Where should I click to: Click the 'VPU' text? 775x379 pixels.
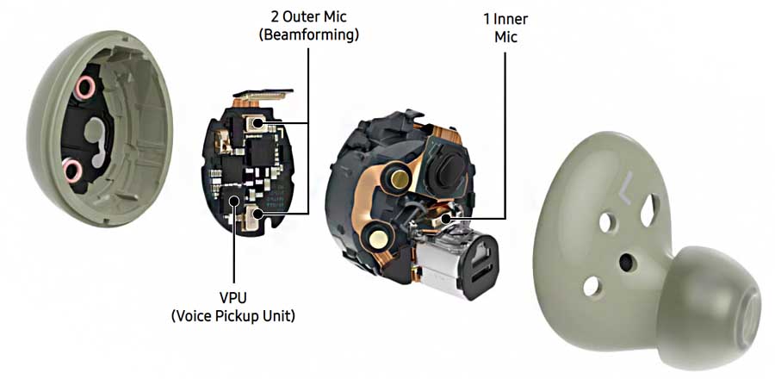[232, 297]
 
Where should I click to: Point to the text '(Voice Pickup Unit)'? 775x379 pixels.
[232, 316]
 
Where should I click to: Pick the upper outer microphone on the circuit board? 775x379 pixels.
[255, 127]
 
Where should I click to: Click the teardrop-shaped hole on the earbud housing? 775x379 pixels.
[650, 206]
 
